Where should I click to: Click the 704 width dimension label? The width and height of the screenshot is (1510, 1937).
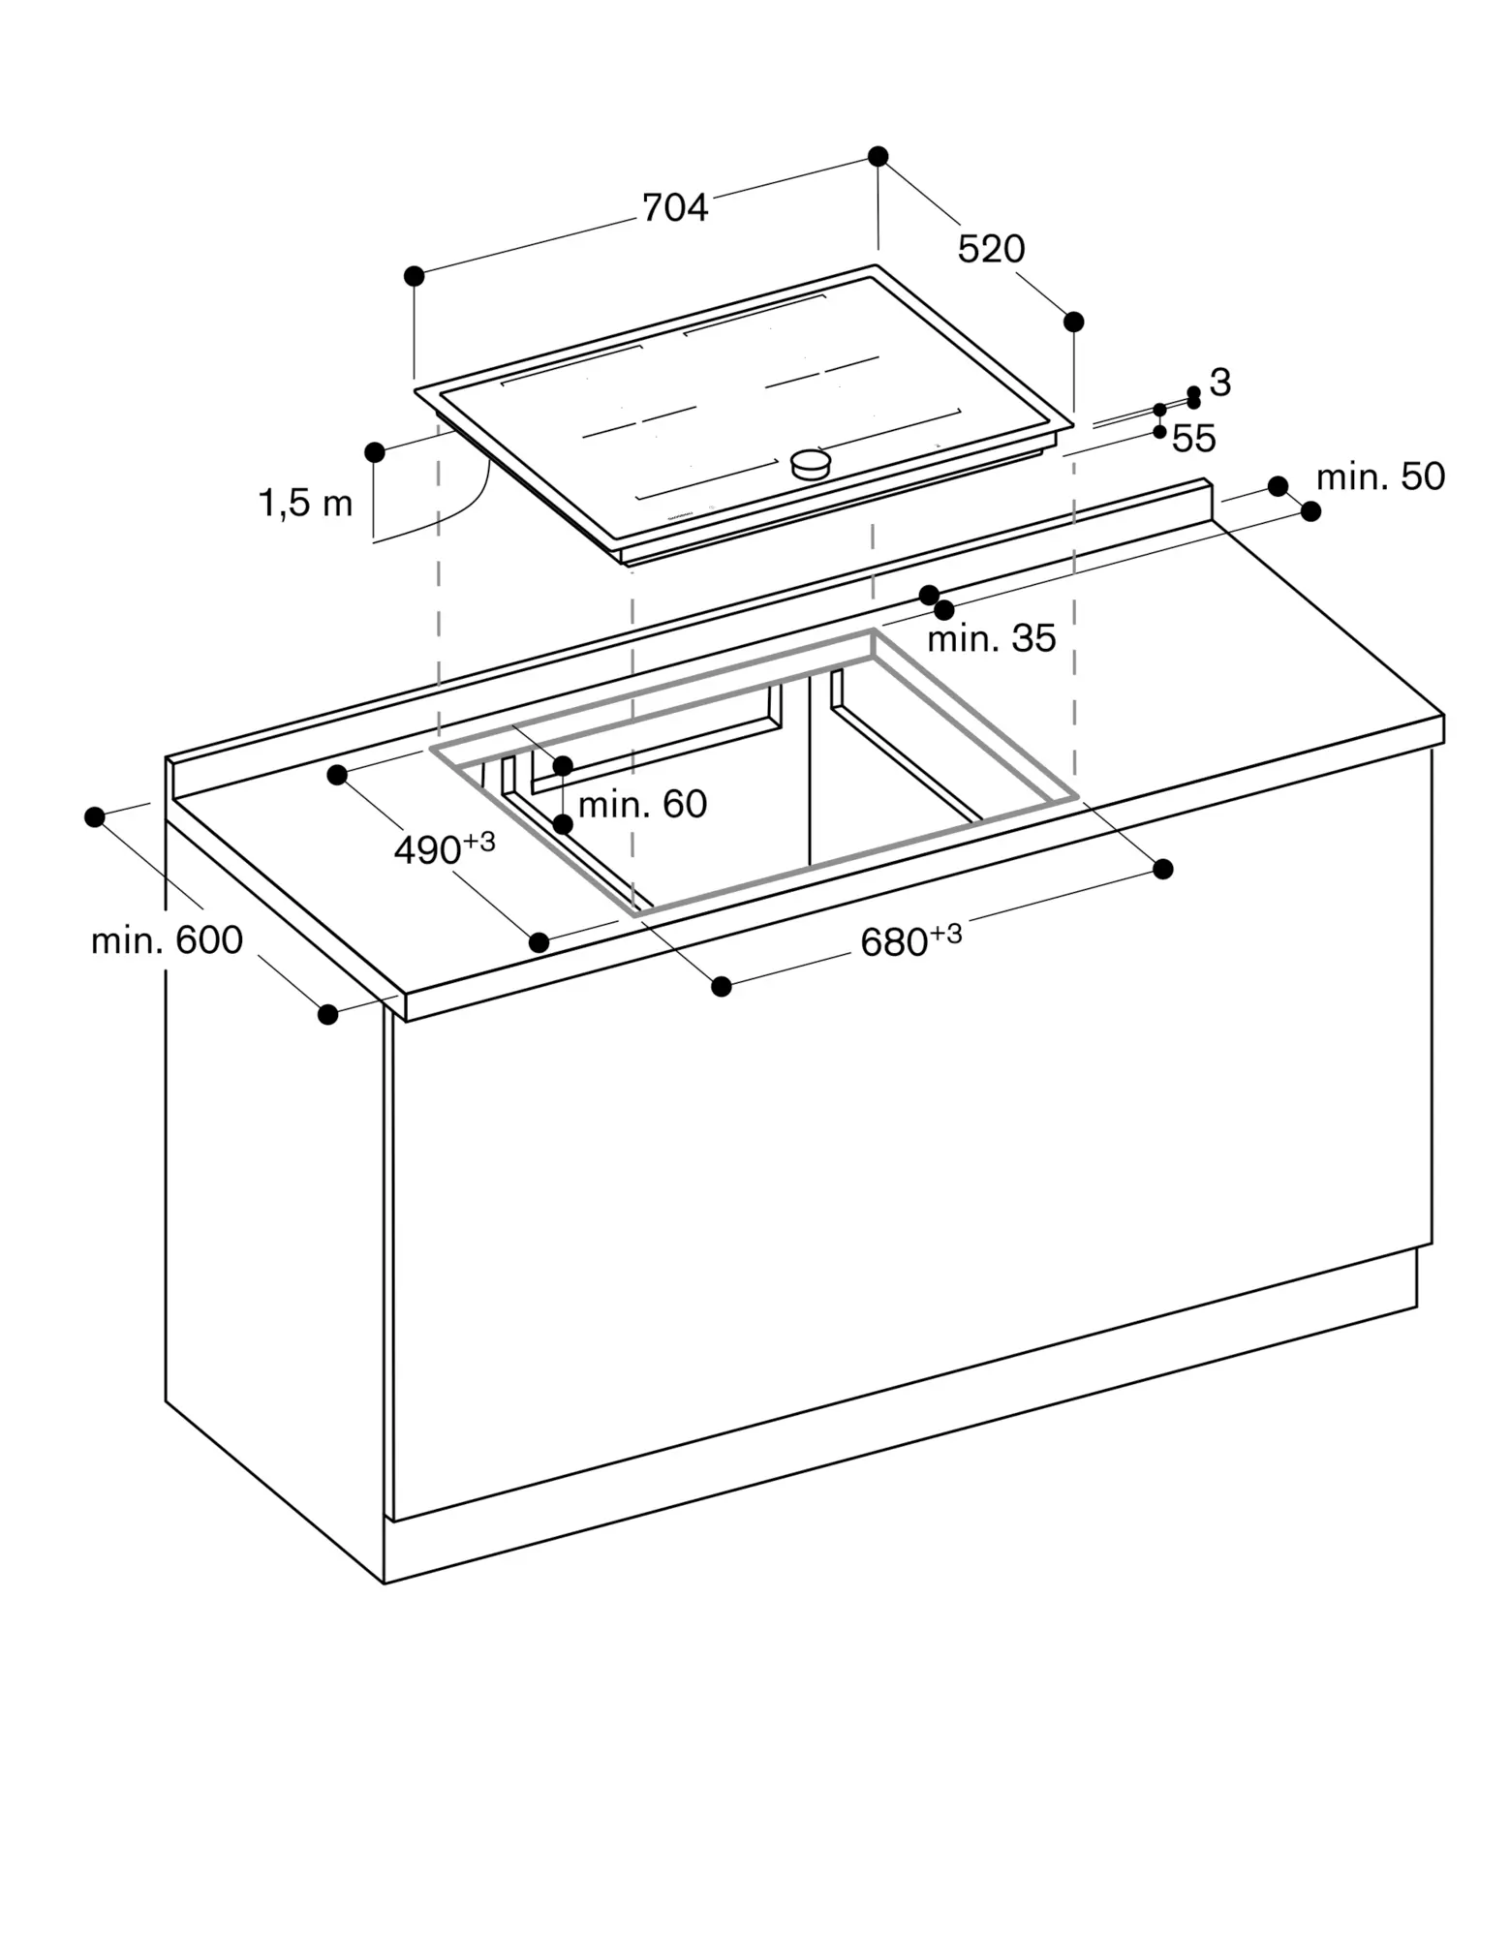coord(675,208)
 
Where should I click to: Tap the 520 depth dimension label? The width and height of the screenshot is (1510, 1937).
coord(991,250)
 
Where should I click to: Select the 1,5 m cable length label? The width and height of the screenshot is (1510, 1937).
coord(306,505)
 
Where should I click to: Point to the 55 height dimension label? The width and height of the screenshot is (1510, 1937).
coord(1193,439)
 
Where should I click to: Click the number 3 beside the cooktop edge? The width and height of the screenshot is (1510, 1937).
coord(1220,383)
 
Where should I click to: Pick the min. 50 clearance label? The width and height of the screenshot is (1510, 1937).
coord(1380,477)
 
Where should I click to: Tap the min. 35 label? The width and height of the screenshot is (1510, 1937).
coord(991,639)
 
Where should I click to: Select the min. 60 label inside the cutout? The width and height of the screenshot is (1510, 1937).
coord(642,804)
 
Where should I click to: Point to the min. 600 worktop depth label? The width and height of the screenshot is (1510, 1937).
coord(167,940)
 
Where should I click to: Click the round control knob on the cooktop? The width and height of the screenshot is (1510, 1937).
coord(811,464)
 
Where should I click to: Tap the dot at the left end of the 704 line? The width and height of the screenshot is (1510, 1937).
coord(415,277)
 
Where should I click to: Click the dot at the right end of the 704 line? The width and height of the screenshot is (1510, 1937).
coord(878,157)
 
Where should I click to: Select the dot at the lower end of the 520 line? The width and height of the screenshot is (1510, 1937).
coord(1073,323)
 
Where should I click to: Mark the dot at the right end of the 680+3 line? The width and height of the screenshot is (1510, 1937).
coord(1163,869)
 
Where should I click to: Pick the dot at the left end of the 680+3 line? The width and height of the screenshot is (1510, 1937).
coord(721,986)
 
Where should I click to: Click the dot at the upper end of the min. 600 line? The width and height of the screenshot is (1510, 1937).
coord(95,817)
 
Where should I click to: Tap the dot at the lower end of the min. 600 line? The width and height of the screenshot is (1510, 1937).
coord(327,1014)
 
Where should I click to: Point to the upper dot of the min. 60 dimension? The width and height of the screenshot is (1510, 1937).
coord(563,766)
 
